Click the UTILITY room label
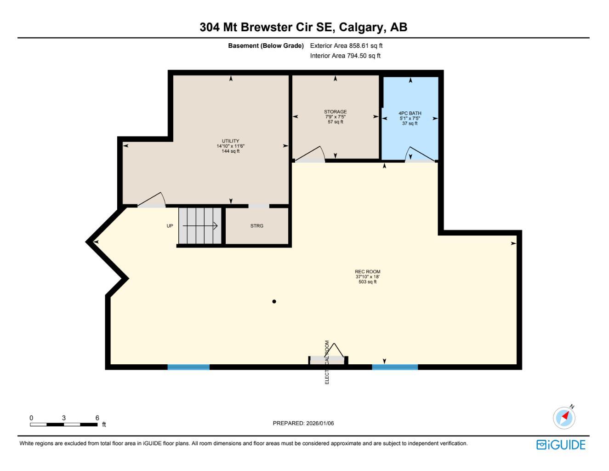tap(230, 141)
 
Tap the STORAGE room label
tap(335, 112)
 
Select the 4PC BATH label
tap(410, 113)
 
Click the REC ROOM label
tap(367, 272)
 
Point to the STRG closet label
tap(256, 226)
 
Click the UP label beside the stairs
tap(170, 226)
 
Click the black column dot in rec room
tap(274, 302)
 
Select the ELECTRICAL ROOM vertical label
tap(327, 362)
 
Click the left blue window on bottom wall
tap(188, 367)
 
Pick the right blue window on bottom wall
tap(395, 367)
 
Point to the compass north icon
tap(564, 417)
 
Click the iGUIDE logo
tap(561, 445)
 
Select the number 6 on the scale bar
tap(97, 418)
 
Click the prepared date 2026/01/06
tap(319, 423)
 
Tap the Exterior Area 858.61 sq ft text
tap(346, 46)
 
